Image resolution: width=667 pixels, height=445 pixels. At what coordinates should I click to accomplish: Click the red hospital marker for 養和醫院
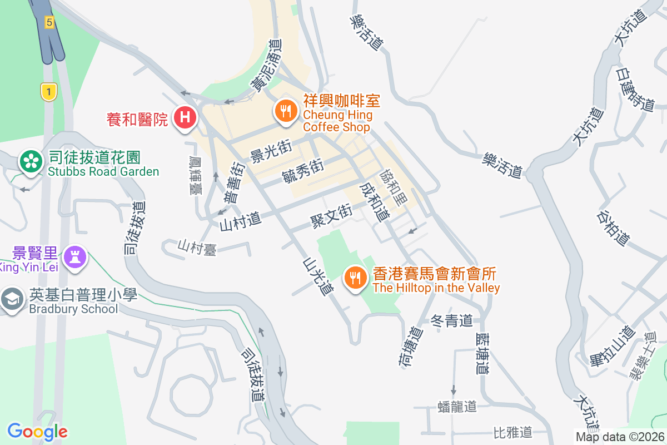pos(185,118)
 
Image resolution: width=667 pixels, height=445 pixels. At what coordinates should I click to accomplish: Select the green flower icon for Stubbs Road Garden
pos(31,162)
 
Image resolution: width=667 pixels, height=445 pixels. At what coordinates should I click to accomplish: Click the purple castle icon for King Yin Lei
pos(73,256)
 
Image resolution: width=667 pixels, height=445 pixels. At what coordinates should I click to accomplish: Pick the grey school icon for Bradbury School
pos(11,299)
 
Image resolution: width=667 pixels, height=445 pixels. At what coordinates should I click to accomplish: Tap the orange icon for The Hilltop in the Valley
pos(355,277)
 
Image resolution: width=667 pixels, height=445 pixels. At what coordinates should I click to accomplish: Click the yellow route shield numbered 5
pos(49,23)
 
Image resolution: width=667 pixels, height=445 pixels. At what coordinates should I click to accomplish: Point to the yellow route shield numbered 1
pos(49,92)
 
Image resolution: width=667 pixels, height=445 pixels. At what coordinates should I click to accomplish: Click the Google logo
pos(37,432)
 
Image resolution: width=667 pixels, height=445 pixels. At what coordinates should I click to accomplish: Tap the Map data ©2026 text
pos(619,437)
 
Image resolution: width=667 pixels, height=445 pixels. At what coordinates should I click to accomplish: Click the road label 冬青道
pos(451,321)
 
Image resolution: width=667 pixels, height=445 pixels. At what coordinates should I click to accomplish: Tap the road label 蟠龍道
pos(457,407)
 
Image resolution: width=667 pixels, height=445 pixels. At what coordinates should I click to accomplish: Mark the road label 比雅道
pos(512,432)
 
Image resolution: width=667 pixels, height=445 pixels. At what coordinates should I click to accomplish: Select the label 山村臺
pos(197,246)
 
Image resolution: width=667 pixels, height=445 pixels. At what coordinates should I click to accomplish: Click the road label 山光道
pos(318,276)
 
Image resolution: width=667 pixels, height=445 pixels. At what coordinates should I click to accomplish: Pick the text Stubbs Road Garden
pos(103,171)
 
